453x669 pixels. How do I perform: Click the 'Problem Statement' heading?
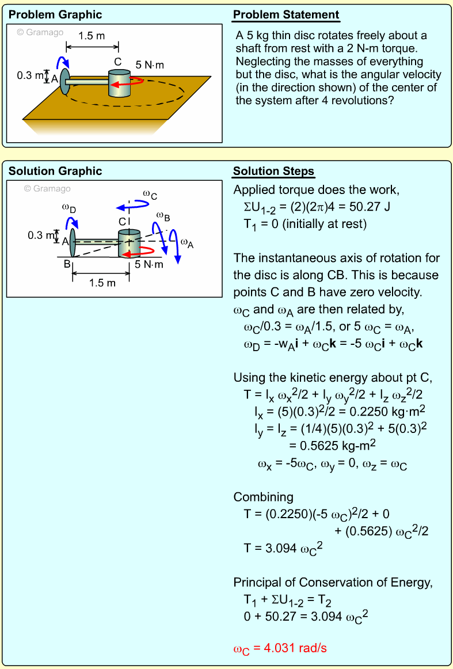click(286, 15)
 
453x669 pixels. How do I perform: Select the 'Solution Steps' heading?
click(273, 172)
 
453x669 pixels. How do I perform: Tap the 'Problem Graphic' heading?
click(55, 15)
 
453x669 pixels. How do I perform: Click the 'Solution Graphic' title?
click(55, 172)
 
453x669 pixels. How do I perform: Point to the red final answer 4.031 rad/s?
click(280, 648)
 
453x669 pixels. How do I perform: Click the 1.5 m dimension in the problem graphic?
click(92, 36)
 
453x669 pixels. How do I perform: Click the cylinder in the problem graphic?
click(120, 83)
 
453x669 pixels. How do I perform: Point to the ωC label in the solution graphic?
click(150, 195)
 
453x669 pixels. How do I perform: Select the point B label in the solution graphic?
click(67, 264)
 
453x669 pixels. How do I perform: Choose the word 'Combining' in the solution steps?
click(263, 497)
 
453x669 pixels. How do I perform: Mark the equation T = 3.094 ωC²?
click(283, 548)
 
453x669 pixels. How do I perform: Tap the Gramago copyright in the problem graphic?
click(40, 32)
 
